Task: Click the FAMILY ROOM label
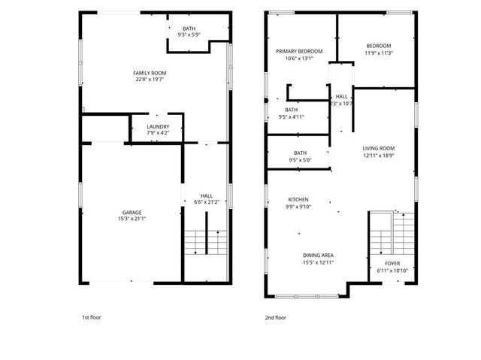(150, 72)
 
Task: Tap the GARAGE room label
(132, 213)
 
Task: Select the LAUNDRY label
(158, 126)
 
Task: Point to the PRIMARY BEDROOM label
(299, 51)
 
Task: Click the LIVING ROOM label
(379, 148)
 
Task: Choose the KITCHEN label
(298, 200)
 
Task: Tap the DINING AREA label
(319, 255)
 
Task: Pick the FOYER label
(392, 263)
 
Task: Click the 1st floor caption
(91, 317)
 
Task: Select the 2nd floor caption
(276, 317)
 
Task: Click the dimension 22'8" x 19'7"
(150, 79)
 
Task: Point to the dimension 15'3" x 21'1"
(132, 219)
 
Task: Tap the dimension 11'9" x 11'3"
(379, 53)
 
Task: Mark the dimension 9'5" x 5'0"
(300, 160)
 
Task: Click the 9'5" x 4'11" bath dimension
(291, 116)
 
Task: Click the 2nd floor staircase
(391, 233)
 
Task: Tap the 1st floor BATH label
(188, 29)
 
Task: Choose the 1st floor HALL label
(207, 195)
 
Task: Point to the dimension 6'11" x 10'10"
(392, 271)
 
